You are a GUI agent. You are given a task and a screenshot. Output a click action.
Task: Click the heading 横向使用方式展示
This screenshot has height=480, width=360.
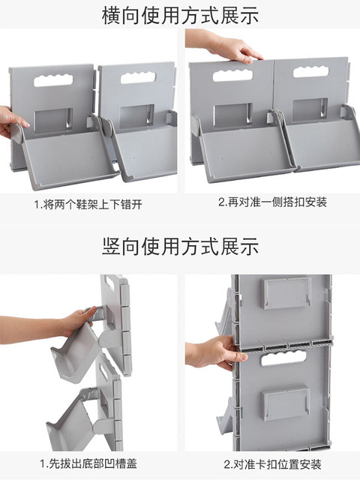click(x=180, y=15)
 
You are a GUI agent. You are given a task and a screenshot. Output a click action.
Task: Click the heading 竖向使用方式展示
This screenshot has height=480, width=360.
click(x=180, y=246)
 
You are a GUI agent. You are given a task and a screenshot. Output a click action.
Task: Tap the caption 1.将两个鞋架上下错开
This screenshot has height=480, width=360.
click(x=88, y=204)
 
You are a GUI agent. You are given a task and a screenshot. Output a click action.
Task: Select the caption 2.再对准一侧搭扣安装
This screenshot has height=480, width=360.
click(x=272, y=202)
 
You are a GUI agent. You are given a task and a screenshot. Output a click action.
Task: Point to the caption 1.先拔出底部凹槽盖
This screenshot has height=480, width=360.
click(x=88, y=463)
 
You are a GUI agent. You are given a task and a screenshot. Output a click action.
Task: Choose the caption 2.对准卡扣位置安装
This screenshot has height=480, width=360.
click(x=272, y=464)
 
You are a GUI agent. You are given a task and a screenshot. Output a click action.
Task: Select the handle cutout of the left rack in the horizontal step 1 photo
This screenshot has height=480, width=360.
click(x=53, y=80)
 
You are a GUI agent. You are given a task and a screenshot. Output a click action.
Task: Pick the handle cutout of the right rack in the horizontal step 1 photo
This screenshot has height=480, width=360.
click(x=138, y=78)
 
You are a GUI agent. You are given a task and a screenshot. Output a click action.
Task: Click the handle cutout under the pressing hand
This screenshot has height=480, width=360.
click(x=232, y=75)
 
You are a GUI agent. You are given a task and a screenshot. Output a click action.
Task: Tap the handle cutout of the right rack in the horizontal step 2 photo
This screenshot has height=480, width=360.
click(x=311, y=72)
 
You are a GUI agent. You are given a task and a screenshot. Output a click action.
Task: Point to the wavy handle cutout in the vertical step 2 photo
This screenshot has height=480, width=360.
click(x=283, y=358)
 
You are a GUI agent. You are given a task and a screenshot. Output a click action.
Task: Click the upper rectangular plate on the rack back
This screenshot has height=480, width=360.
click(x=287, y=293)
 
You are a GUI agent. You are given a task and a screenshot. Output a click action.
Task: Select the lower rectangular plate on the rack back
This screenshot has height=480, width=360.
click(x=286, y=403)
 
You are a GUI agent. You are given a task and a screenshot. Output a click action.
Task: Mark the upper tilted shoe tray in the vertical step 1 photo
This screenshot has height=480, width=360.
click(x=75, y=355)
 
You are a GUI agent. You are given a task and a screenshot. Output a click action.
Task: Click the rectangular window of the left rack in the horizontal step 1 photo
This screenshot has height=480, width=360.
click(x=53, y=121)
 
